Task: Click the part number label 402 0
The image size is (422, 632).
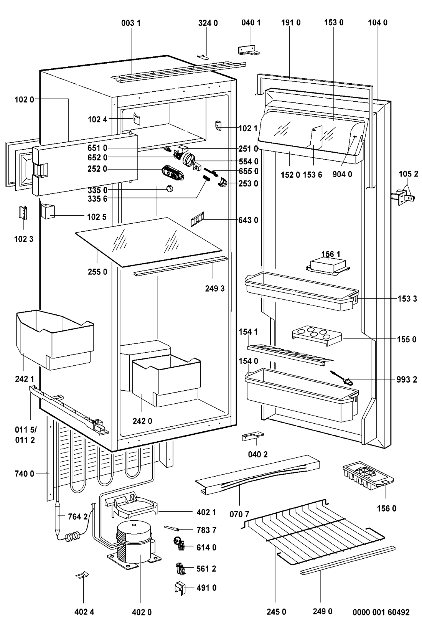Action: coord(142,612)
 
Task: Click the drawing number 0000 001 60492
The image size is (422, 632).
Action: coord(381,612)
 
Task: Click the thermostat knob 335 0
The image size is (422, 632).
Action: coord(170,188)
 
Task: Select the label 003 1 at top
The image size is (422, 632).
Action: coord(131,23)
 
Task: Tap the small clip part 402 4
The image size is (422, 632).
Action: coord(82,574)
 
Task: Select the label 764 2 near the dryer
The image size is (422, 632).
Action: coord(77,517)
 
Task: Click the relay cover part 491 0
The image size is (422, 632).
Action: coord(179,587)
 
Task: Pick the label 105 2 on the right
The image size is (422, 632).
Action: coord(408,174)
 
